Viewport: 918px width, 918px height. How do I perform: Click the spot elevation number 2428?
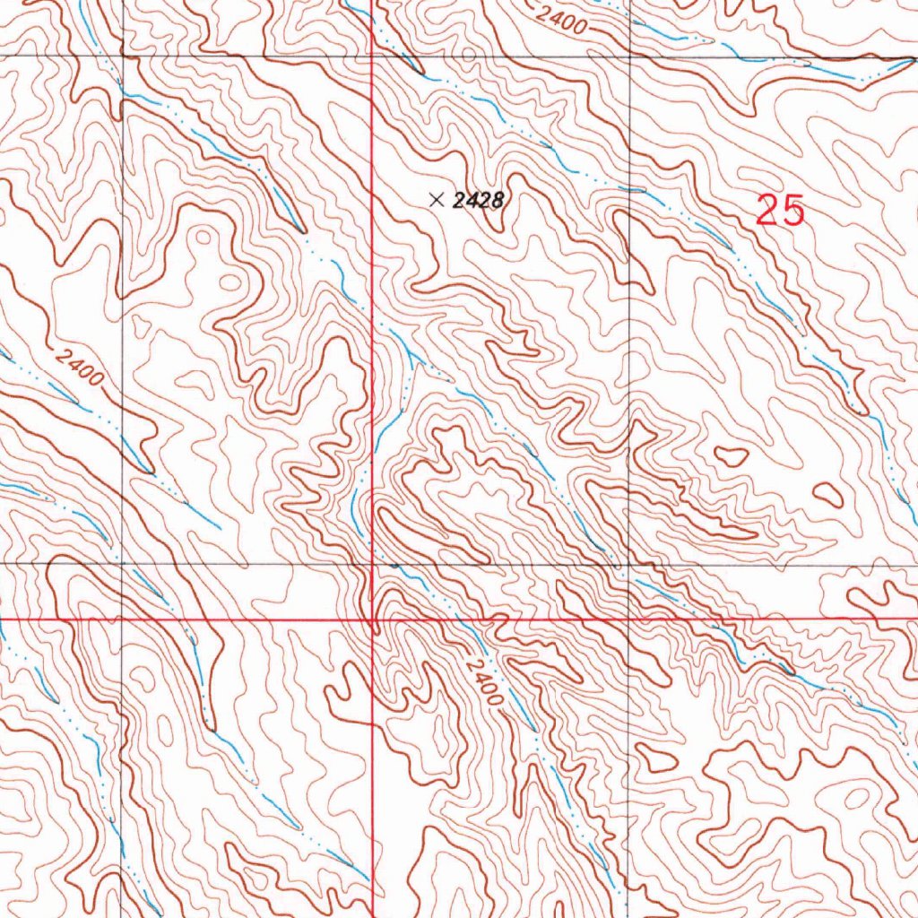476,201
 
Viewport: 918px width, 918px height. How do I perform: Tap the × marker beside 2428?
437,200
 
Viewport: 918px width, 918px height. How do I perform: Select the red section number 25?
780,211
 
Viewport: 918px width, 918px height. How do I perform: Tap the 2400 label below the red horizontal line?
484,681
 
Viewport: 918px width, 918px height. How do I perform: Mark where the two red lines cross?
372,619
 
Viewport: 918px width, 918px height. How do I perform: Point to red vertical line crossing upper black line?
372,57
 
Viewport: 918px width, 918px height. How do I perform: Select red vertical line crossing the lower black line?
372,565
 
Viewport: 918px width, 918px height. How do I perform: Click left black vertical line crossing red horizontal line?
122,619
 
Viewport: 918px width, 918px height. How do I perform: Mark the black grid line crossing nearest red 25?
629,57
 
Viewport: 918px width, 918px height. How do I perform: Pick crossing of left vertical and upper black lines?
122,57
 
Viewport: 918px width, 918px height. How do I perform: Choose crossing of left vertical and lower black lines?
122,565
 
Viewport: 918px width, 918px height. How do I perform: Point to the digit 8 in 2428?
495,201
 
